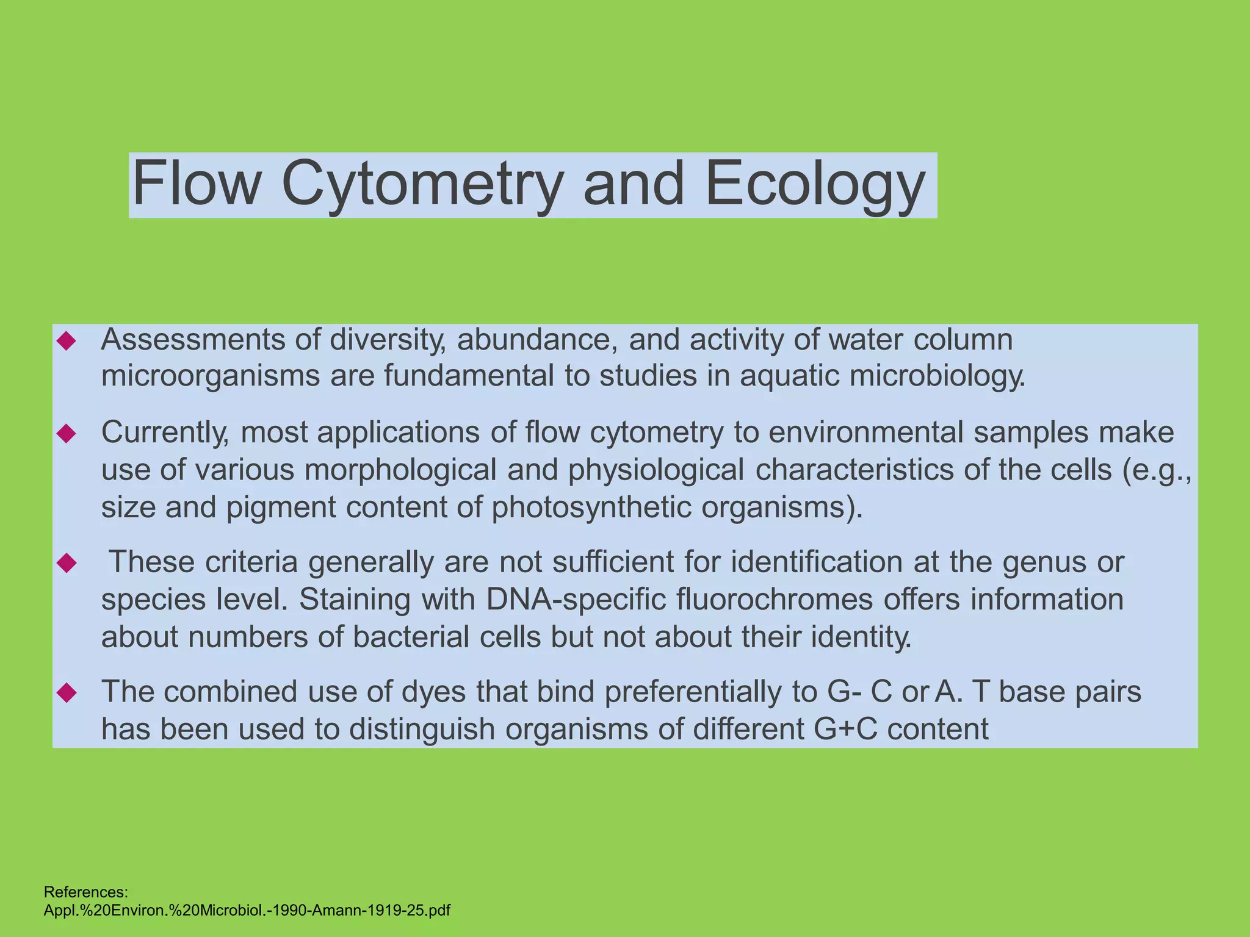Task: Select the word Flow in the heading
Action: (x=197, y=183)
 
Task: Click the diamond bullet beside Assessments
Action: (x=66, y=341)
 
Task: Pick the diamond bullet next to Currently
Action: (x=66, y=434)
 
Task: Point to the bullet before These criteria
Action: (x=66, y=563)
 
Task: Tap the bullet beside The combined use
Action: (x=66, y=692)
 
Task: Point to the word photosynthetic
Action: (x=591, y=507)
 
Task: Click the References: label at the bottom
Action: (x=86, y=892)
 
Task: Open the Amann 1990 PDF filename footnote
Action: (x=247, y=911)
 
